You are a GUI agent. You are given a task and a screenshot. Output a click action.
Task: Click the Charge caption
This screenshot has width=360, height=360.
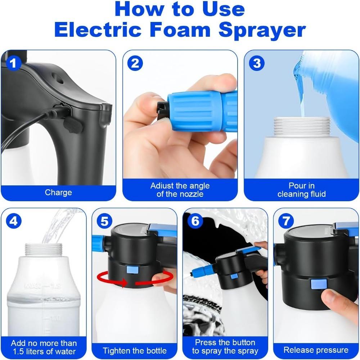tap(58, 193)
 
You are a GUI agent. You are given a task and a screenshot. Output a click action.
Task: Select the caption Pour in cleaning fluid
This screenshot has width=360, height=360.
tap(302, 190)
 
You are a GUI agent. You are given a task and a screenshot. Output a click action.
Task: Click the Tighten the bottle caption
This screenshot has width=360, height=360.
tap(135, 350)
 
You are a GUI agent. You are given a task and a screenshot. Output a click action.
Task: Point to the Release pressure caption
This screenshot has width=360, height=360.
tap(316, 350)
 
